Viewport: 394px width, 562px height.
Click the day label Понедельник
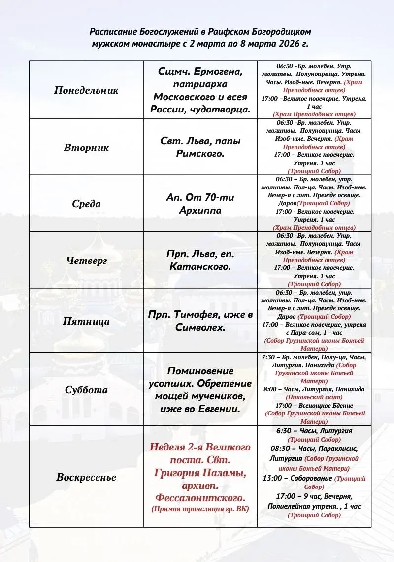pyautogui.click(x=86, y=91)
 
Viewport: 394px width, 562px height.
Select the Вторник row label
pyautogui.click(x=86, y=148)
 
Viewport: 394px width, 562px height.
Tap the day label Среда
pyautogui.click(x=86, y=204)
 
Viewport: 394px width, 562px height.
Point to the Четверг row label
pyautogui.click(x=86, y=261)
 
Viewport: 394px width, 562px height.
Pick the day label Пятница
pyautogui.click(x=86, y=321)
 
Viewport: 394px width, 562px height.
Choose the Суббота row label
pyautogui.click(x=86, y=390)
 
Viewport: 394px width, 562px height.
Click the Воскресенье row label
pyautogui.click(x=86, y=477)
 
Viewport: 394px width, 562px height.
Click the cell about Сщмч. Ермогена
pyautogui.click(x=200, y=90)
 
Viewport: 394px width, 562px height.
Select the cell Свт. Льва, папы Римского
pyautogui.click(x=200, y=147)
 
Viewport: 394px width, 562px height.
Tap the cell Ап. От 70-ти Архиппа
pyautogui.click(x=200, y=204)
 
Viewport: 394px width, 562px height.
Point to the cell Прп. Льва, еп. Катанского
pyautogui.click(x=200, y=261)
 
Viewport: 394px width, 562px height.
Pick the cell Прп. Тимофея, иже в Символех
pyautogui.click(x=200, y=321)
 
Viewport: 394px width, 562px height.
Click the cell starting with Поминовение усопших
pyautogui.click(x=200, y=390)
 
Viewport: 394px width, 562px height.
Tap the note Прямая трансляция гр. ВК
pyautogui.click(x=200, y=509)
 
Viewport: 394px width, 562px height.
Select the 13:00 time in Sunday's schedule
pyautogui.click(x=271, y=478)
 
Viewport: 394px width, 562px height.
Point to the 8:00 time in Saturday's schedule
pyautogui.click(x=270, y=389)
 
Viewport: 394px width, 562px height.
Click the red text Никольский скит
pyautogui.click(x=314, y=397)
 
